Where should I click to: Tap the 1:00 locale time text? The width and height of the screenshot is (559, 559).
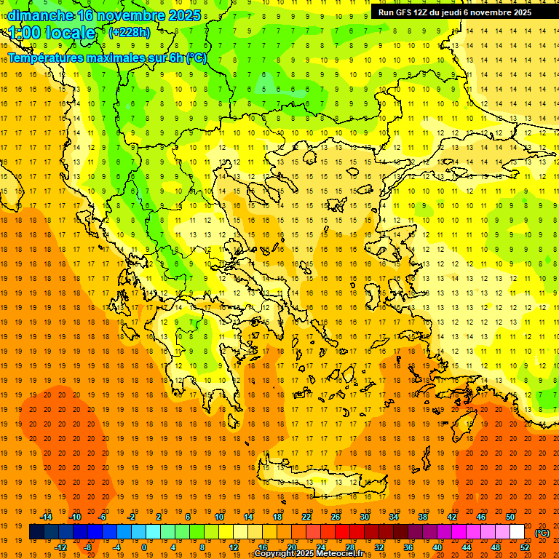[52, 33]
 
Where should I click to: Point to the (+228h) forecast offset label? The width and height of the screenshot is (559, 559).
[129, 32]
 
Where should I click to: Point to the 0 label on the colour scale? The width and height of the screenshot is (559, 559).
[143, 547]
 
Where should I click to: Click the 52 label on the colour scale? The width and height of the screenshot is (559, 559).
[525, 547]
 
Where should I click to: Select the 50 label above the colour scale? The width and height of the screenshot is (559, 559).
[510, 517]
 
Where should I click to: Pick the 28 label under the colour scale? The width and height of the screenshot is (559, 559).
[350, 547]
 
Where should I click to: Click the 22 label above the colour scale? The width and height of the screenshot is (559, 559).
[306, 517]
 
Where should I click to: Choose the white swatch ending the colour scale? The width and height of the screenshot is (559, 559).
[517, 532]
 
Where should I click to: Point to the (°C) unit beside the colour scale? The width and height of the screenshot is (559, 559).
[542, 533]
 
